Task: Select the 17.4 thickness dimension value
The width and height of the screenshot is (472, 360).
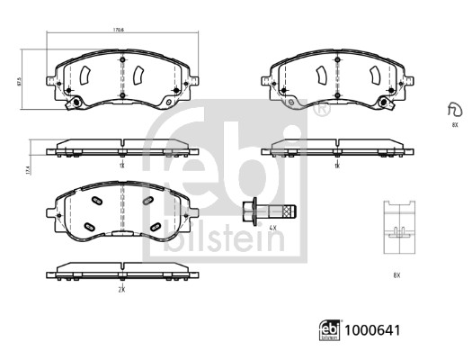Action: click(31, 168)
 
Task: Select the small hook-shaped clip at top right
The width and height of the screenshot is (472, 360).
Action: click(453, 110)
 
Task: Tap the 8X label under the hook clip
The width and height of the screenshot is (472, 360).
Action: click(454, 126)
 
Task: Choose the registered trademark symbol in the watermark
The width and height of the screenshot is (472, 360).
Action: click(319, 109)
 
